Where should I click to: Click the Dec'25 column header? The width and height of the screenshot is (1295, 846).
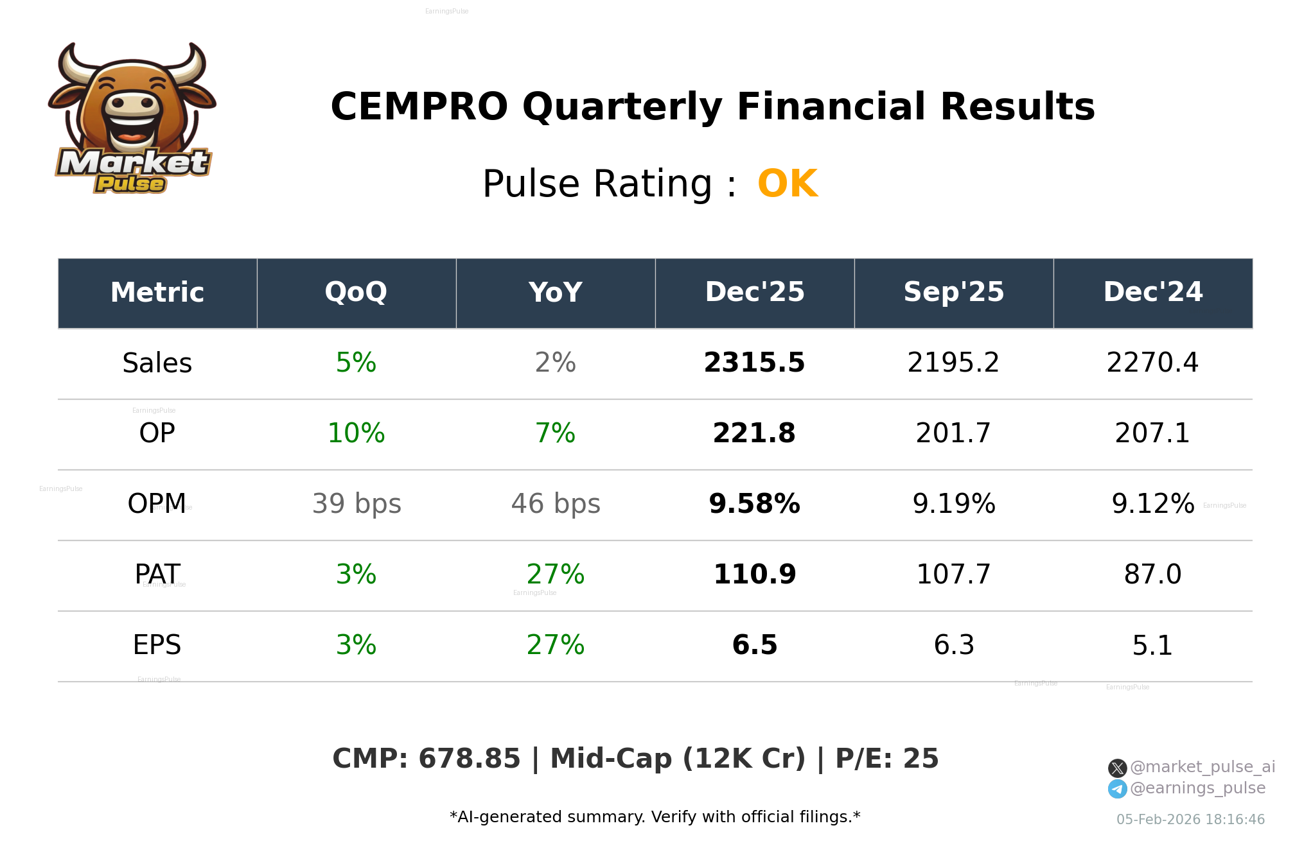(x=754, y=292)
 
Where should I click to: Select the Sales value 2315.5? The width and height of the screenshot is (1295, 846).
(x=754, y=363)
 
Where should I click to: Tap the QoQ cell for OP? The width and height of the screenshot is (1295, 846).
(x=356, y=433)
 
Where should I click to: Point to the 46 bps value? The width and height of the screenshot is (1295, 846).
(x=556, y=504)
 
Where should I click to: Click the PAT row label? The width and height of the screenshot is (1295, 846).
(x=157, y=574)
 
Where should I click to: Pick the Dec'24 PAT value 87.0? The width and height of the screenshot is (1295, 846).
(x=1152, y=574)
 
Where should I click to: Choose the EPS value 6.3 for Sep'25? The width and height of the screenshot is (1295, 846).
(x=953, y=645)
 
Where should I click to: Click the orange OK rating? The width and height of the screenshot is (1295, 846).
(x=788, y=184)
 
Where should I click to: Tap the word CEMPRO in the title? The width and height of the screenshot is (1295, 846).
(x=419, y=107)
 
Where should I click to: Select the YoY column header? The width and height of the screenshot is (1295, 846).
(x=556, y=292)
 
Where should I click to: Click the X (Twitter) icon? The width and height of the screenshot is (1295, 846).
(x=1117, y=768)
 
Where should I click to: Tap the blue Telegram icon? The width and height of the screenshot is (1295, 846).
(x=1117, y=789)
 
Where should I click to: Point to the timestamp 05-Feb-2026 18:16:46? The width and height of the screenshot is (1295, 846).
(x=1190, y=820)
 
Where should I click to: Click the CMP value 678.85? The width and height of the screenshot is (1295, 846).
(x=469, y=759)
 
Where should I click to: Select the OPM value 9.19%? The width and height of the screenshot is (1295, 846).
(x=953, y=504)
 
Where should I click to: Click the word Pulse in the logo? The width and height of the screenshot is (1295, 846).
(x=130, y=184)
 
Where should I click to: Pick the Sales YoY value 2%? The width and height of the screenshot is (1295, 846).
(x=556, y=363)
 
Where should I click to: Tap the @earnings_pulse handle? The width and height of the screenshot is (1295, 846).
(x=1197, y=788)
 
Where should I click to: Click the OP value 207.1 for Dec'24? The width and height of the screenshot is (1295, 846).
(x=1152, y=433)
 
